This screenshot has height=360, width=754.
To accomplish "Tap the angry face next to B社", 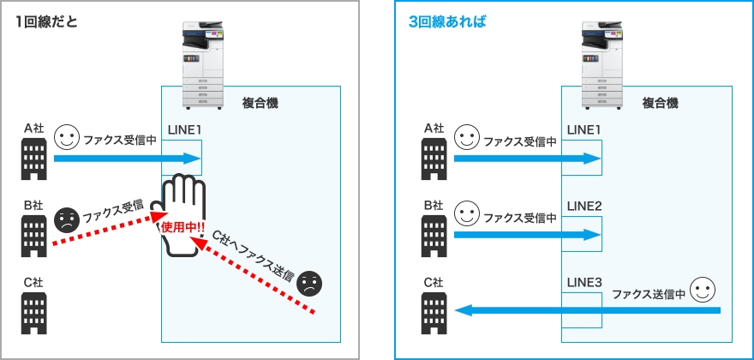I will coord(66,221).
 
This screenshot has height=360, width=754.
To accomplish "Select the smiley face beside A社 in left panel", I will coord(67,137).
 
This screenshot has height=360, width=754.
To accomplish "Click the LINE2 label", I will coord(583,207).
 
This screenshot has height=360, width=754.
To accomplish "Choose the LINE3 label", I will coord(583,282).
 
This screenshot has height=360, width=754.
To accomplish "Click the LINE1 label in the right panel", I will coord(583,129).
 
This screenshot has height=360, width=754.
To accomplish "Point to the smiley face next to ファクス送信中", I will coord(703,290).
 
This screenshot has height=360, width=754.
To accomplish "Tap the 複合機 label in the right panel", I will coord(660,103).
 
